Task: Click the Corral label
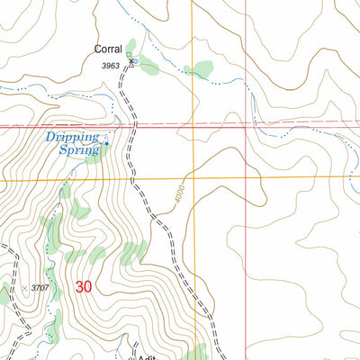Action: pyautogui.click(x=109, y=51)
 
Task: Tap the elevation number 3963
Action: pyautogui.click(x=111, y=66)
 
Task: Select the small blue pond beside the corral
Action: pyautogui.click(x=133, y=61)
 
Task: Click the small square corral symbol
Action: pyautogui.click(x=128, y=55)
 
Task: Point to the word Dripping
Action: pyautogui.click(x=73, y=137)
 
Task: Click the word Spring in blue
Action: pyautogui.click(x=76, y=150)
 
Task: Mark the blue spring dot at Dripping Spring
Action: pyautogui.click(x=106, y=142)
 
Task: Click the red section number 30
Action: pyautogui.click(x=84, y=287)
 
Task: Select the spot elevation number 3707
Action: pyautogui.click(x=40, y=287)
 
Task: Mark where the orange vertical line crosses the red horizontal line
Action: pyautogui.click(x=192, y=125)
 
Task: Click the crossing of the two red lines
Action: pyautogui.click(x=247, y=124)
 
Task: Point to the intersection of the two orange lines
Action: pyautogui.click(x=192, y=177)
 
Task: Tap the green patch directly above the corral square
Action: pyautogui.click(x=132, y=44)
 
